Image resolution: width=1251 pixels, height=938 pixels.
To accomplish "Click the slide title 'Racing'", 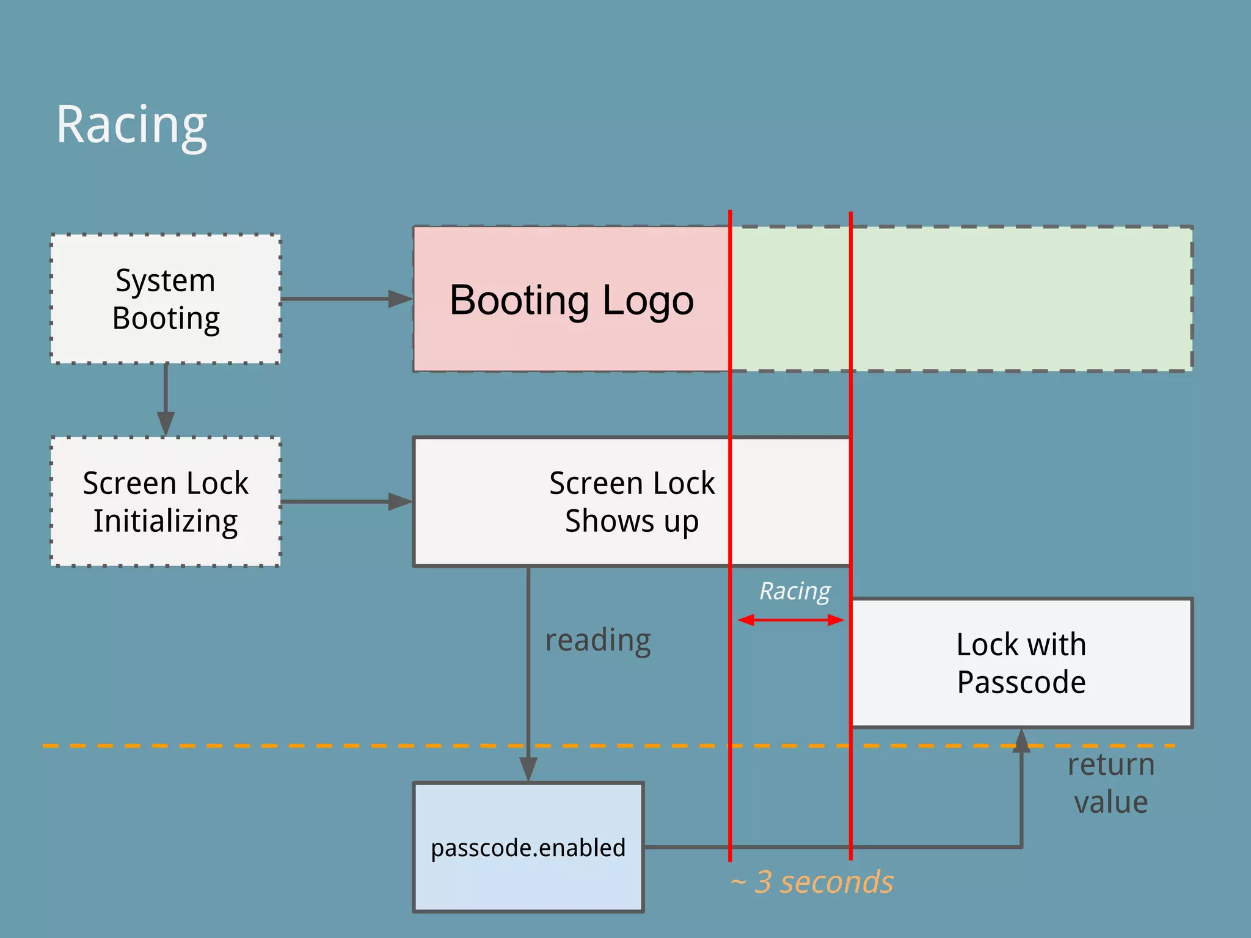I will pyautogui.click(x=131, y=125).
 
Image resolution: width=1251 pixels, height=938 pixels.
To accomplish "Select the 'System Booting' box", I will pyautogui.click(x=166, y=299).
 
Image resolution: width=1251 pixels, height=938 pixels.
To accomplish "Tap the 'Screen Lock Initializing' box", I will pyautogui.click(x=166, y=502).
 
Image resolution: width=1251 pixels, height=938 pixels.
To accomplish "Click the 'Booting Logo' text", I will pyautogui.click(x=572, y=300).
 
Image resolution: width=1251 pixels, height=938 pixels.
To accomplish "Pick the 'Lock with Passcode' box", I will pyautogui.click(x=1021, y=663).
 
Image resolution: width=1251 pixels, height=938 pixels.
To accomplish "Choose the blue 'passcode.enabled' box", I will pyautogui.click(x=528, y=848).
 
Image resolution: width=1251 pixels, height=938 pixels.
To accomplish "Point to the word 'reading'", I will pyautogui.click(x=598, y=641).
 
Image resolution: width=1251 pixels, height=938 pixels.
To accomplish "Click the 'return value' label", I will pyautogui.click(x=1111, y=783).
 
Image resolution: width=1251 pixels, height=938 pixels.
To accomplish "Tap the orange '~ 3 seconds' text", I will pyautogui.click(x=812, y=882).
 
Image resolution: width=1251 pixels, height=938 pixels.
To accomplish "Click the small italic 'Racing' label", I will pyautogui.click(x=795, y=591).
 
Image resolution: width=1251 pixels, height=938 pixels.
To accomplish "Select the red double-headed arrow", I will pyautogui.click(x=791, y=620).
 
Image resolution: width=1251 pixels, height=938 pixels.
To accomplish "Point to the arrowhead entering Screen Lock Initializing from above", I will pyautogui.click(x=166, y=423).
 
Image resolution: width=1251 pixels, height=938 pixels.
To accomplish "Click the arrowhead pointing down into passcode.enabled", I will pyautogui.click(x=528, y=769).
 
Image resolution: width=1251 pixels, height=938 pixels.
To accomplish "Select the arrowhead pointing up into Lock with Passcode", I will pyautogui.click(x=1021, y=741).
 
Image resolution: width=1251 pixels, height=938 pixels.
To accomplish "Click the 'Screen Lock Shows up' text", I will pyautogui.click(x=632, y=502).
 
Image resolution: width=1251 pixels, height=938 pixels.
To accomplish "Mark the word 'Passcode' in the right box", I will pyautogui.click(x=1021, y=682).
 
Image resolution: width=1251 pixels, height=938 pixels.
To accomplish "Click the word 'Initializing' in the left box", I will pyautogui.click(x=166, y=522).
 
